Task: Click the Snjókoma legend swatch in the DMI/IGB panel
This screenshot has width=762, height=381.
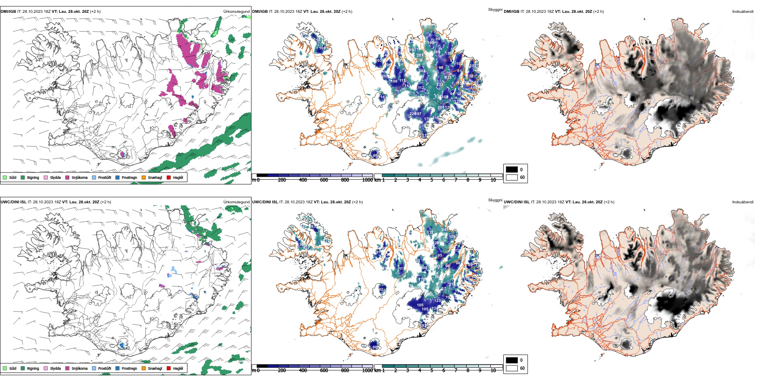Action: click(67, 177)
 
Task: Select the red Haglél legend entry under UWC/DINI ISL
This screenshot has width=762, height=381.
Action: click(169, 368)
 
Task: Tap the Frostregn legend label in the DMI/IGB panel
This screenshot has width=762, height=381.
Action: click(129, 178)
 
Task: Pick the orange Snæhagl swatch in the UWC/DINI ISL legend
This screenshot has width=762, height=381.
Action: click(144, 368)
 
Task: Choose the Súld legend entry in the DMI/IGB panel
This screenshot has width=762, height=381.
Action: click(5, 177)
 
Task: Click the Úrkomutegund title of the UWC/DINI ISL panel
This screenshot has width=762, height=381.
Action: click(236, 202)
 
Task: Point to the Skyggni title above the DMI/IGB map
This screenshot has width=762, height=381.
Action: click(495, 9)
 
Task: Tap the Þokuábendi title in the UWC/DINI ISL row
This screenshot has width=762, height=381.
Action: click(742, 202)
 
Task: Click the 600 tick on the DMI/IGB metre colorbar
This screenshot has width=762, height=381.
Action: click(324, 180)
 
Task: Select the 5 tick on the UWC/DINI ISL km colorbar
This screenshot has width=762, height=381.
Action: click(432, 371)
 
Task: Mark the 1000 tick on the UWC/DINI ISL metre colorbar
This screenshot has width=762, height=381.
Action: click(367, 371)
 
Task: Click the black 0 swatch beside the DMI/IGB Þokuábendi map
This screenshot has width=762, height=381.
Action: click(512, 170)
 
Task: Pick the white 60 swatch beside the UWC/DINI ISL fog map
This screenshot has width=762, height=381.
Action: click(512, 368)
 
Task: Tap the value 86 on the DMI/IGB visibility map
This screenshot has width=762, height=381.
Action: click(375, 155)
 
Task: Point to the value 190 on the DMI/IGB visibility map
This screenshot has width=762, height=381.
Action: click(431, 43)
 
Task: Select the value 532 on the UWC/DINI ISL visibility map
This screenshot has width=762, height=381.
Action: click(439, 266)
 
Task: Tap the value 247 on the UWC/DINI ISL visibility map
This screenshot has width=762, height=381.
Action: click(445, 230)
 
